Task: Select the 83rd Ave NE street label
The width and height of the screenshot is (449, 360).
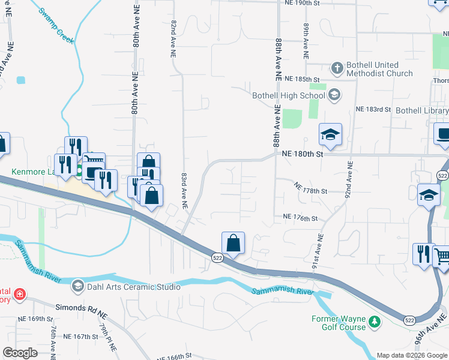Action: click(184, 191)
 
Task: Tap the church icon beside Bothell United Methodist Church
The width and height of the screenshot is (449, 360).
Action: click(337, 67)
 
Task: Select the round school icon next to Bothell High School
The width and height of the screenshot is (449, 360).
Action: click(334, 95)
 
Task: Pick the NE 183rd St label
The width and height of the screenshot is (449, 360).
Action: click(373, 110)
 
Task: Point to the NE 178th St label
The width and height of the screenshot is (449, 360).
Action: click(310, 189)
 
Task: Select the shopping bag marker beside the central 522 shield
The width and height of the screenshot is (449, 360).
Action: click(233, 244)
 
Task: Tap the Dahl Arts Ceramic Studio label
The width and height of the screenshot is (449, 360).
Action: click(133, 287)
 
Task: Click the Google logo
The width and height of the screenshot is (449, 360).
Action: click(20, 353)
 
